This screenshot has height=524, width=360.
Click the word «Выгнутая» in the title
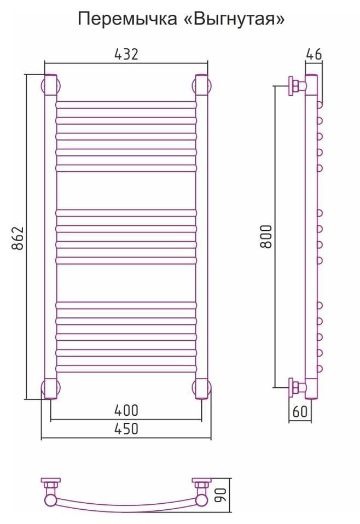(x=235, y=19)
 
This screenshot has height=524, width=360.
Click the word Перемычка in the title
(x=127, y=20)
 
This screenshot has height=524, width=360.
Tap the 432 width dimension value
(x=126, y=54)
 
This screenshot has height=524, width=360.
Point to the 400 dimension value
(x=126, y=410)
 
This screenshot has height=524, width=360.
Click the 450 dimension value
(x=126, y=429)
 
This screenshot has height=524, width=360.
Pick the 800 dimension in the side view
(x=266, y=236)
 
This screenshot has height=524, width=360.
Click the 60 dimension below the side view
(x=300, y=411)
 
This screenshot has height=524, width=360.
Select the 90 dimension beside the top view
(x=222, y=495)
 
